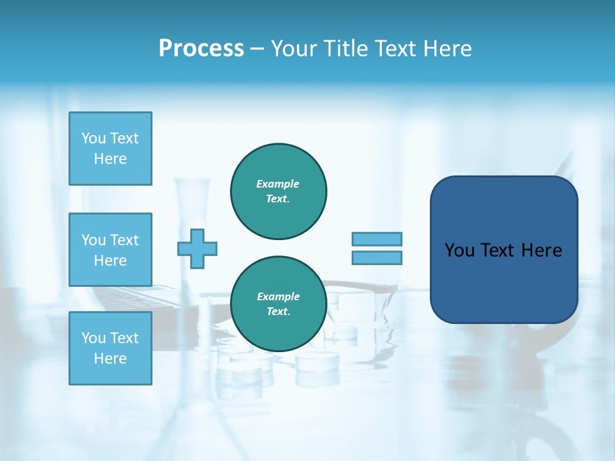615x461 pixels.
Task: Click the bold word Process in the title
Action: [x=201, y=49]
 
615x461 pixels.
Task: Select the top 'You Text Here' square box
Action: [x=110, y=149]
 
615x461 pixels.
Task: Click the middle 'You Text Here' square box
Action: [x=110, y=250]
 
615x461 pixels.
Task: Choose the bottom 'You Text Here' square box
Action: [x=110, y=348]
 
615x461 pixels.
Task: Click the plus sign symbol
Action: [x=197, y=248]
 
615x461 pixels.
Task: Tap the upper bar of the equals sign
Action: [x=377, y=239]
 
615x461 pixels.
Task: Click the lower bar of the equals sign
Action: [x=377, y=257]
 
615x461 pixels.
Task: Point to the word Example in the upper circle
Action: [x=278, y=184]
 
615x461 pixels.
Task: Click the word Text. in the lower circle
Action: [x=278, y=312]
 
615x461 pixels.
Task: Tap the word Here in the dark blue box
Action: [x=541, y=250]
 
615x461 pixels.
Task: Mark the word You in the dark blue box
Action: [x=459, y=250]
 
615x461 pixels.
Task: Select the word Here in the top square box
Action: [x=110, y=159]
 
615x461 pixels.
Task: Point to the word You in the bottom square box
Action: [x=94, y=337]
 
